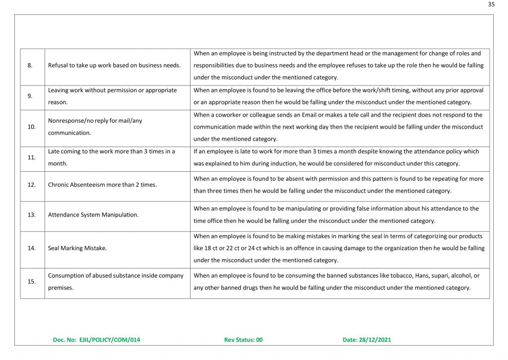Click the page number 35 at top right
491,4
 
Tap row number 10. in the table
31,127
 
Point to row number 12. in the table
31,185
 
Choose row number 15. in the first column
31,282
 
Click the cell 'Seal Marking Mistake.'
77,248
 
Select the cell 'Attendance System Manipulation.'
93,215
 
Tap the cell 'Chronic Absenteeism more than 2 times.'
102,185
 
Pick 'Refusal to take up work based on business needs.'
114,66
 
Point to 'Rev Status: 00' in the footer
243,340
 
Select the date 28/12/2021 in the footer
380,340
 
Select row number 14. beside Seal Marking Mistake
31,248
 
